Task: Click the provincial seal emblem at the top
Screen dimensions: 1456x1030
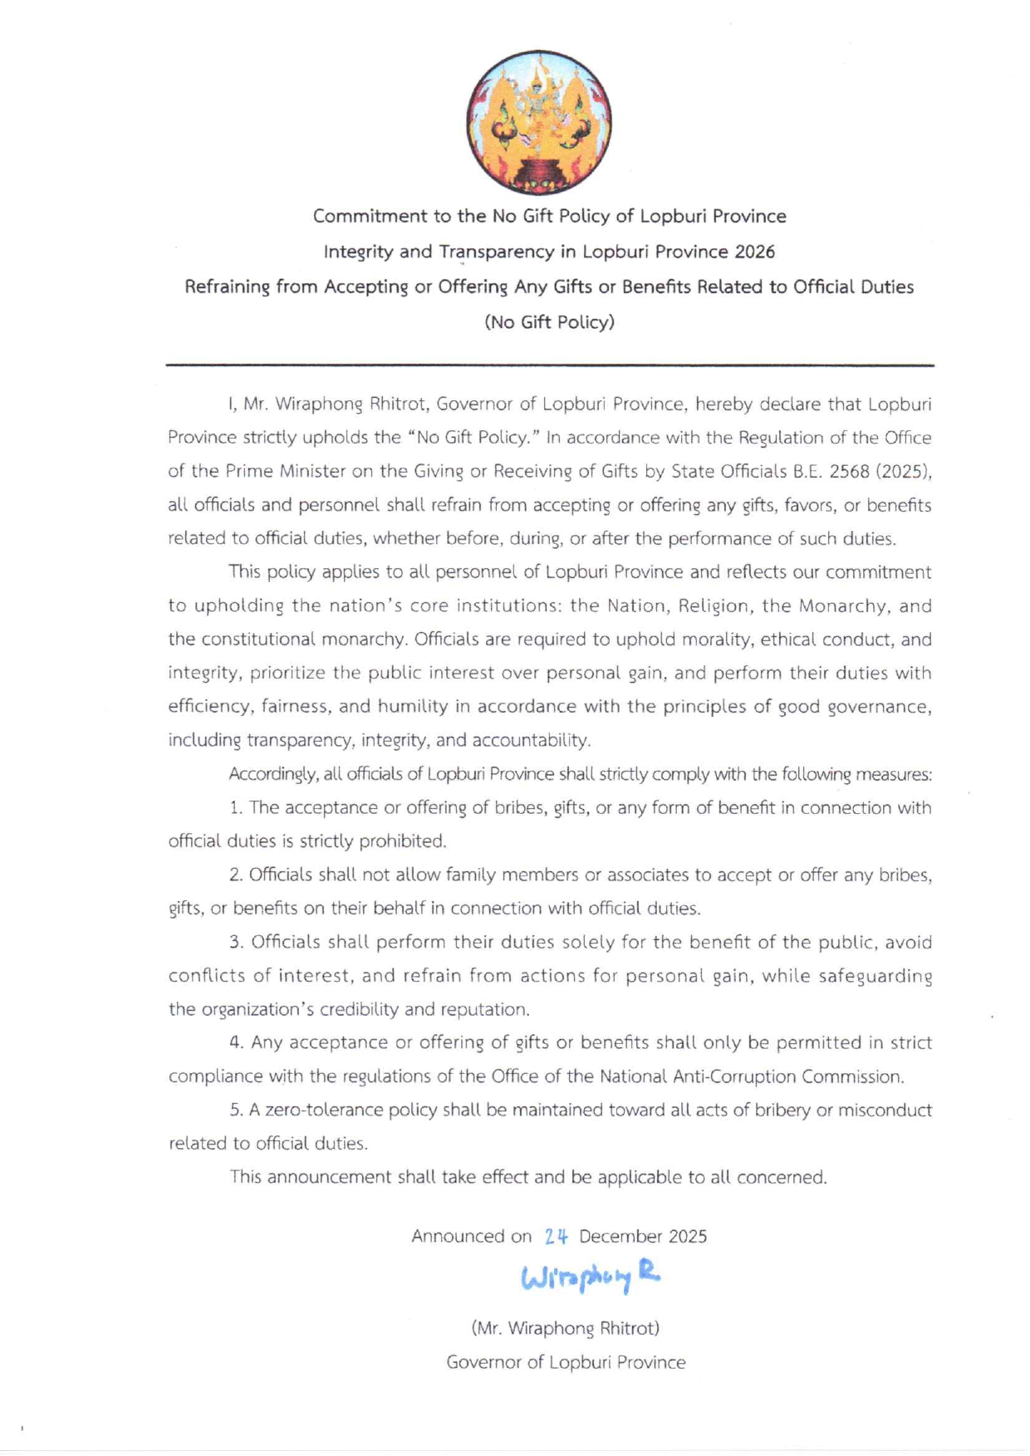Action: pos(538,123)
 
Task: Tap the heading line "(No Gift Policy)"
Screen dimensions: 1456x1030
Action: pos(549,322)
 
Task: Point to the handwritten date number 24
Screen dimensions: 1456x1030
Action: pos(556,1237)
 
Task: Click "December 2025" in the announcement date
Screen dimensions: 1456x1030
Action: pos(643,1237)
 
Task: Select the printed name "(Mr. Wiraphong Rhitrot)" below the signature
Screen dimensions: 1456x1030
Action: pos(565,1328)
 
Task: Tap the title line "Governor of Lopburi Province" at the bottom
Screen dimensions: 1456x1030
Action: pos(566,1362)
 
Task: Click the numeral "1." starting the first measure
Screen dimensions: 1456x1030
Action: pos(236,808)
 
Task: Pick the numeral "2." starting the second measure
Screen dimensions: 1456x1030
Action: pos(236,875)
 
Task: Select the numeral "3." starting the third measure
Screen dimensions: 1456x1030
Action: pos(237,943)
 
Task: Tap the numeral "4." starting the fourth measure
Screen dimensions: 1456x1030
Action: pos(237,1043)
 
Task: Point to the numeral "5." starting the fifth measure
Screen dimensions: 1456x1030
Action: pos(236,1110)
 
